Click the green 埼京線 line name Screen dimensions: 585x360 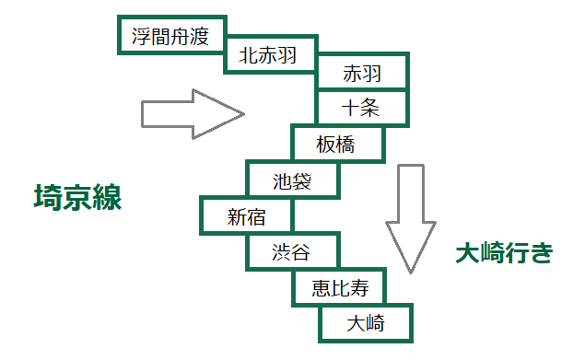(78, 197)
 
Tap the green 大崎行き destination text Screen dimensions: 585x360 (504, 252)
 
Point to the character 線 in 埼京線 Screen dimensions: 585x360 (108, 197)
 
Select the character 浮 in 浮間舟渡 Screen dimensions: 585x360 (141, 37)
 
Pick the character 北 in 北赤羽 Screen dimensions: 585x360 (248, 55)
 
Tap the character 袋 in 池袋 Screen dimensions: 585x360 (302, 181)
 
